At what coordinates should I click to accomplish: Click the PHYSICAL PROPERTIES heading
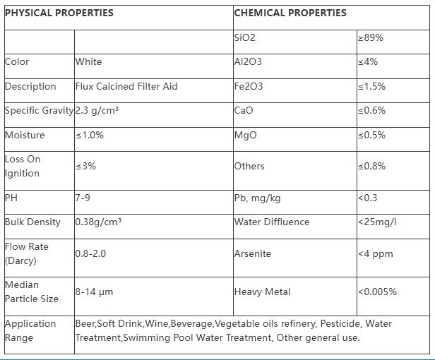click(x=59, y=13)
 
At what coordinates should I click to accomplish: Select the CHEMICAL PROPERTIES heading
click(x=290, y=13)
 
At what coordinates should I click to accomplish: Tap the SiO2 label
click(x=245, y=37)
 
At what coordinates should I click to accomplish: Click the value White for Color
click(x=88, y=61)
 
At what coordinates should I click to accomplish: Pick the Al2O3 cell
click(x=248, y=61)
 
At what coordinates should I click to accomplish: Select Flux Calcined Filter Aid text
click(x=126, y=86)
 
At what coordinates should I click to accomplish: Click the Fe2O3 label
click(x=248, y=86)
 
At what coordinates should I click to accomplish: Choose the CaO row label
click(x=244, y=110)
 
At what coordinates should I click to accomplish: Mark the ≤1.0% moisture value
click(x=90, y=135)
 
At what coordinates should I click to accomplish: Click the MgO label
click(x=245, y=135)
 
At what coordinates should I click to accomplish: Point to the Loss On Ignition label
click(x=23, y=166)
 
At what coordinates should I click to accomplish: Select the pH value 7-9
click(x=83, y=198)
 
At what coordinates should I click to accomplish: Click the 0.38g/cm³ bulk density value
click(x=98, y=222)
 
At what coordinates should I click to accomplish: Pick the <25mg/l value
click(x=377, y=222)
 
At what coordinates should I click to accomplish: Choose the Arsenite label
click(x=252, y=253)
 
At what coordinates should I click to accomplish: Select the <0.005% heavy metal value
click(x=377, y=291)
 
